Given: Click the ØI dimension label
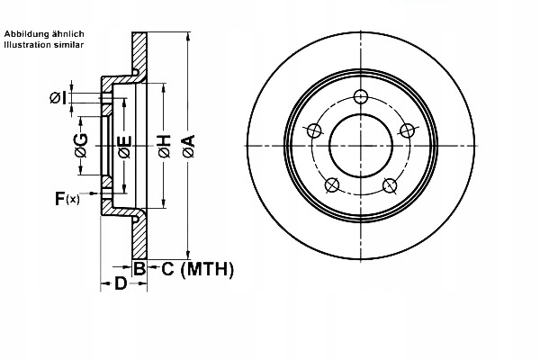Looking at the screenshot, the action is click(x=57, y=97).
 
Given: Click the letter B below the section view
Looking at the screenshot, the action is click(x=139, y=268).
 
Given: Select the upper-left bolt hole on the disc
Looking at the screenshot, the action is click(x=313, y=130).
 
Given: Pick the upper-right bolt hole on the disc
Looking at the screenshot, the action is click(x=408, y=130).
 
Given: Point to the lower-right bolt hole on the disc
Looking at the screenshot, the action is click(x=390, y=185).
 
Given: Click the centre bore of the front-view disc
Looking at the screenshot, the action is click(x=361, y=147).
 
